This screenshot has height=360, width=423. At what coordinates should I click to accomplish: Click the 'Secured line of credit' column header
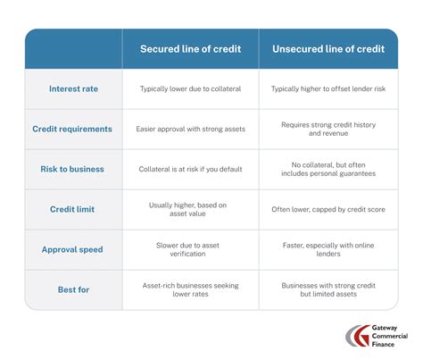[x=190, y=49]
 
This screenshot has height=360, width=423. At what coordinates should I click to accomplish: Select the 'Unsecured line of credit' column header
[x=328, y=49]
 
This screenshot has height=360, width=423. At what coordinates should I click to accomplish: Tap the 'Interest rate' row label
[x=74, y=89]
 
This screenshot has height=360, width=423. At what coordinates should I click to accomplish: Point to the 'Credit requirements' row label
[x=74, y=129]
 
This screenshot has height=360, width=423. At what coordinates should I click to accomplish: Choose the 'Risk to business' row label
[x=74, y=169]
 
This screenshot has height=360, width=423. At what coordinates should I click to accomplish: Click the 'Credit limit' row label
[x=74, y=208]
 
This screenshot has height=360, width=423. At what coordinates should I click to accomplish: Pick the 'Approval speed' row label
[x=74, y=249]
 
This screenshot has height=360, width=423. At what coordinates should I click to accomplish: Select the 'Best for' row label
[x=74, y=289]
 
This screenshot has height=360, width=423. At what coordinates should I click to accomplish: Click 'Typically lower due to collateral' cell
[x=190, y=89]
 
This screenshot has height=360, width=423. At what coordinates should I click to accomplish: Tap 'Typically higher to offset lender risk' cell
[x=328, y=89]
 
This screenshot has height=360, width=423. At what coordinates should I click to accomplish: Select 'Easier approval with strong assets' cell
[x=190, y=129]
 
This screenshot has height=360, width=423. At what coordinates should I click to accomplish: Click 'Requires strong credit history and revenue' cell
[x=328, y=130]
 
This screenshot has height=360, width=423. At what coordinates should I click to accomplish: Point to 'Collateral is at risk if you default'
[x=190, y=169]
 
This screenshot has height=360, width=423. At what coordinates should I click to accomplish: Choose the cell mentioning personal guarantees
[x=328, y=169]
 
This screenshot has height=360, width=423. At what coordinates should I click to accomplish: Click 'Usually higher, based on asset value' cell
[x=190, y=209]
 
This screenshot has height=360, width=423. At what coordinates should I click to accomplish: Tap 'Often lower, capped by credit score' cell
[x=328, y=209]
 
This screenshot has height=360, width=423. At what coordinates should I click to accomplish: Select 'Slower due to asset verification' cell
[x=190, y=249]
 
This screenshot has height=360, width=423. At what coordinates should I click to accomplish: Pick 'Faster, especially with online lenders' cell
[x=328, y=249]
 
